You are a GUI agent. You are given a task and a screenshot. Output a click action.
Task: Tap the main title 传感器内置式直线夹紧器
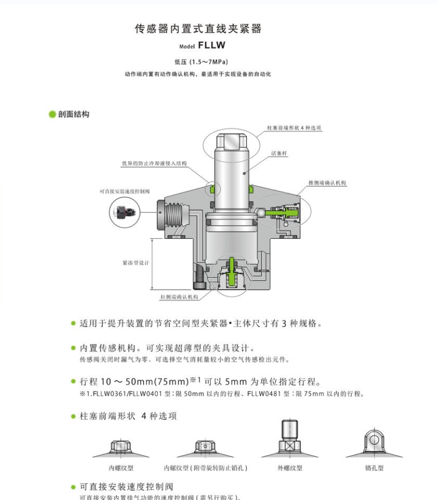(198, 29)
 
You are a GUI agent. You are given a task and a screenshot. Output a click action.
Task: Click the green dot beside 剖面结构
(52, 114)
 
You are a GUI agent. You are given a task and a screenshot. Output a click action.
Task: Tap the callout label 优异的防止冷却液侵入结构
(153, 163)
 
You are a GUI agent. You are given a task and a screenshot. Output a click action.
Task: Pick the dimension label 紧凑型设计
(135, 263)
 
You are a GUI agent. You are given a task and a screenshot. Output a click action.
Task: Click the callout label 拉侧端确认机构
(179, 297)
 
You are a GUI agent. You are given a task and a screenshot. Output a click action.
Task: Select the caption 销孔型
(375, 468)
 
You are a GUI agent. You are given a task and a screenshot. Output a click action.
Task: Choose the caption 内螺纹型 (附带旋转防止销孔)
(206, 468)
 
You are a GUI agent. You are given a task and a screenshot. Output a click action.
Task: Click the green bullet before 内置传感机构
(73, 348)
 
